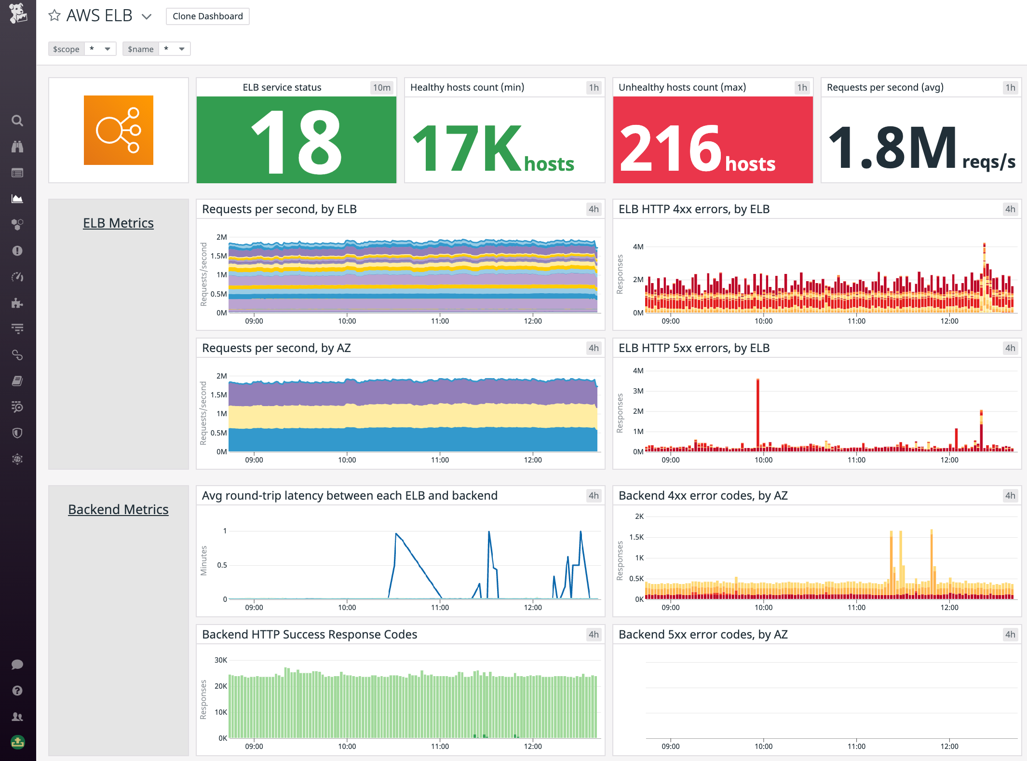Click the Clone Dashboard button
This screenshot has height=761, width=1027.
coord(207,16)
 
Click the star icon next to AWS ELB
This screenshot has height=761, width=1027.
coord(54,16)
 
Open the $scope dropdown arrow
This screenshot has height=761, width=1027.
coord(108,49)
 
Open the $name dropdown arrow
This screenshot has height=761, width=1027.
coord(182,49)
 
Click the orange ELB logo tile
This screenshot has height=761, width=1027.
coord(119,130)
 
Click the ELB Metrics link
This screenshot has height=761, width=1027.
coord(118,223)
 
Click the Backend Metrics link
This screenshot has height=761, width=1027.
coord(118,509)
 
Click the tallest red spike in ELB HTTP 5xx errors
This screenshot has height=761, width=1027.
coord(758,410)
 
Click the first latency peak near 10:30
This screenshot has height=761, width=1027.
coord(396,534)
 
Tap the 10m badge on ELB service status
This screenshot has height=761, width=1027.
coord(381,87)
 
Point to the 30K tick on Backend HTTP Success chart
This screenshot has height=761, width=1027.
coord(220,660)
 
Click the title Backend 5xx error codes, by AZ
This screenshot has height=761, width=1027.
coord(703,634)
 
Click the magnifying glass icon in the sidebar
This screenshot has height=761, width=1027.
coord(17,121)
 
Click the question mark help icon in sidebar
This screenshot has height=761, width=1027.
coord(17,691)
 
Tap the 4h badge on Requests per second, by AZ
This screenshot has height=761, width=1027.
coord(594,348)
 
